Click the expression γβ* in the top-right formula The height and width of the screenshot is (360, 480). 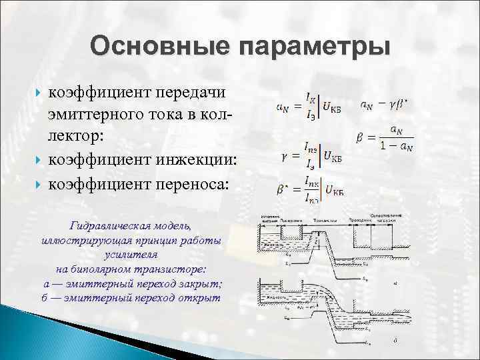coord(398,105)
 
